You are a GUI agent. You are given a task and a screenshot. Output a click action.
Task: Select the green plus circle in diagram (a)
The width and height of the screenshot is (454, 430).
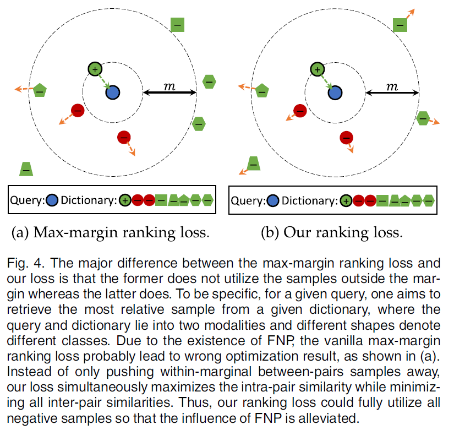click(95, 69)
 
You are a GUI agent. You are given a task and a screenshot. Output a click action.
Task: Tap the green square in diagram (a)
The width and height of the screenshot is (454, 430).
click(177, 25)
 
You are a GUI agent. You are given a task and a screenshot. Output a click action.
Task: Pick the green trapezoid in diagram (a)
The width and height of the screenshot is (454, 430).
click(26, 169)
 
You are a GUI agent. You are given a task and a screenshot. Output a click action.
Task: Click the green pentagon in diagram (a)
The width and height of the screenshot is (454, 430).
click(40, 91)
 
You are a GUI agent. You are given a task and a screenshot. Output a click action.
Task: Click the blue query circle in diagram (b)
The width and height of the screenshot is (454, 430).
click(335, 92)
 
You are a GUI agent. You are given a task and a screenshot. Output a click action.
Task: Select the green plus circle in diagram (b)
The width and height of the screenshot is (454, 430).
click(316, 69)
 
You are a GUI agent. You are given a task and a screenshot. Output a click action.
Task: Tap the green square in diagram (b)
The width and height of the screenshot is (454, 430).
click(400, 25)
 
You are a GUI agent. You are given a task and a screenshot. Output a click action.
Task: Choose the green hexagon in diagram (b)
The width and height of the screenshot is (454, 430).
click(423, 117)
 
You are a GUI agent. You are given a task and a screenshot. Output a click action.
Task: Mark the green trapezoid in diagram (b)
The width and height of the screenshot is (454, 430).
click(253, 163)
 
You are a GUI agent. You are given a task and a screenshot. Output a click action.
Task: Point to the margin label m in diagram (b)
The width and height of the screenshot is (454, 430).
click(391, 86)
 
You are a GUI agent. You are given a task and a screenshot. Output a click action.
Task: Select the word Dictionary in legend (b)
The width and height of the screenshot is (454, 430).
click(308, 200)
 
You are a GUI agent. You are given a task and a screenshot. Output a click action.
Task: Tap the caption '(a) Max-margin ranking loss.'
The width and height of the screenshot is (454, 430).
click(111, 232)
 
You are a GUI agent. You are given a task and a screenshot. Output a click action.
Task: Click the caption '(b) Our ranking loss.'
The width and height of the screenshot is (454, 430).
click(331, 232)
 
